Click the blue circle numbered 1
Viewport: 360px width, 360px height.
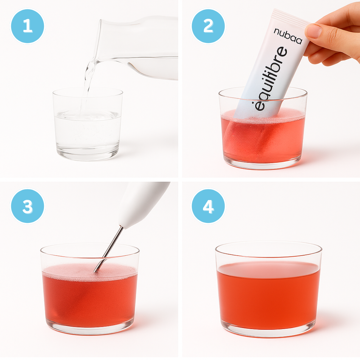tap(27, 26)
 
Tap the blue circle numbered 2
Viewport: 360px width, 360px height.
tap(208, 26)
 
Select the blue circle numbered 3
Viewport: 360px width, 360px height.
tap(27, 206)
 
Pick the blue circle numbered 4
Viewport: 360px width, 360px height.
tap(208, 206)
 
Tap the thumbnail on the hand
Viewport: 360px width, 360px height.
tap(314, 31)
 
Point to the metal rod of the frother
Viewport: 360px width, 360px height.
tap(108, 249)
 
